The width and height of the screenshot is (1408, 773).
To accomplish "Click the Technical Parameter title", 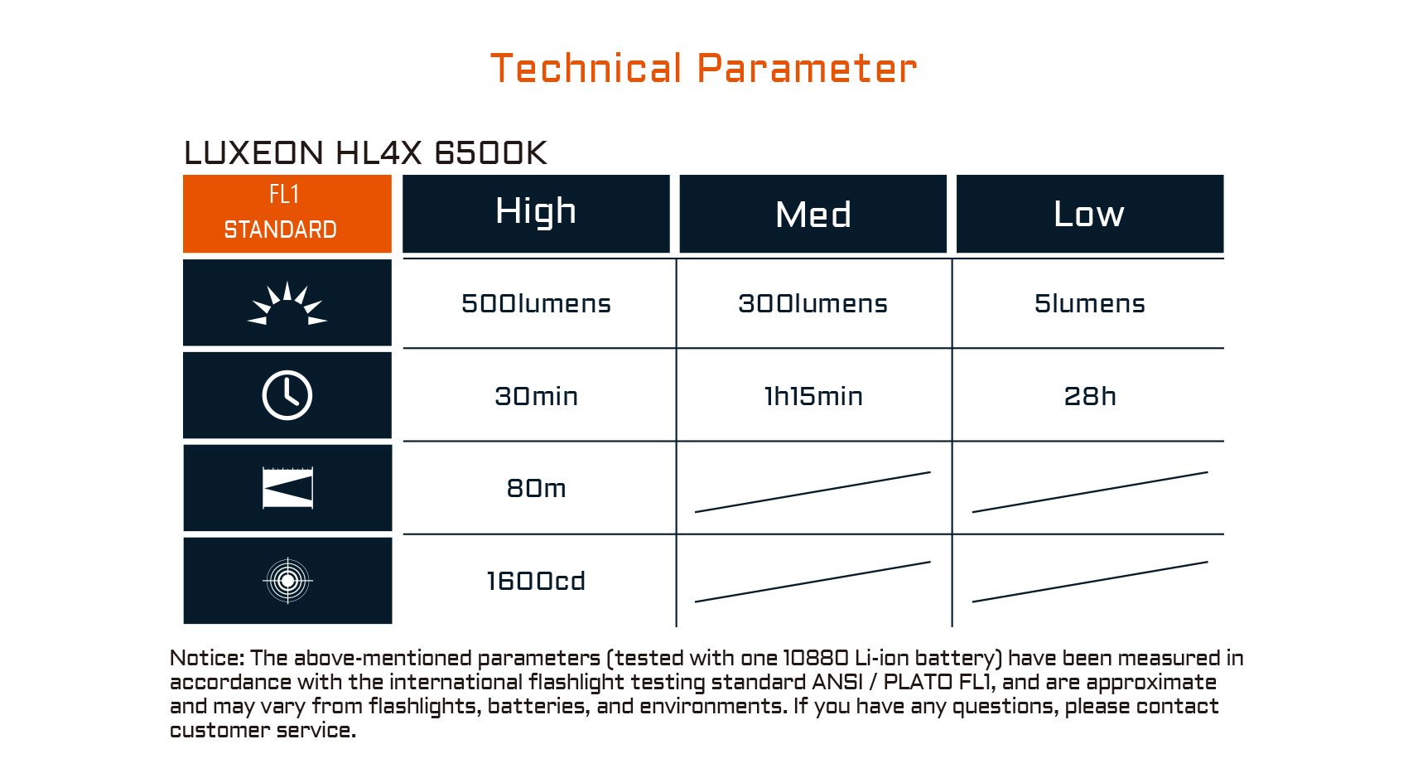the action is tap(703, 68).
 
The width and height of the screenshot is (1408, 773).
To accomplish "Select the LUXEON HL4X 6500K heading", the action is tap(365, 152).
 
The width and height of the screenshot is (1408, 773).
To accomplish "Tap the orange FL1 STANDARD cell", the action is tap(287, 213).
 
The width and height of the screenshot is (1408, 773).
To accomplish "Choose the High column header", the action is tap(536, 213).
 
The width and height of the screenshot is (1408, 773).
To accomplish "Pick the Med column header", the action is tap(812, 213).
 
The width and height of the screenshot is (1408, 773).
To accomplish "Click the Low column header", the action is tap(1090, 213).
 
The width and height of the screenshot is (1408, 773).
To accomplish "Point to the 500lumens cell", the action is tap(536, 304).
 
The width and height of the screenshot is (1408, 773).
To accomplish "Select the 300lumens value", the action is tap(812, 304).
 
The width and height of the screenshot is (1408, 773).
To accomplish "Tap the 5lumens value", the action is tap(1090, 304).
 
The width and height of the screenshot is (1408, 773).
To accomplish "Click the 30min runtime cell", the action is tap(536, 396).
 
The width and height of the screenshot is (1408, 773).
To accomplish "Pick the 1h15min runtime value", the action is tap(813, 396).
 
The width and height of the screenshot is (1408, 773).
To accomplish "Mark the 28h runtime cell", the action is tap(1090, 396).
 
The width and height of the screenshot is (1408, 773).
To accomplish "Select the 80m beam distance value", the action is tap(536, 488).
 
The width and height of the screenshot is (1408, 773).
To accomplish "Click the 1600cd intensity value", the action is tap(536, 581).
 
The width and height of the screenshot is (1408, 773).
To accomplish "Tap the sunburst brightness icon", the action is tap(287, 303).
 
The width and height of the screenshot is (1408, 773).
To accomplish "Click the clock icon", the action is tap(287, 395).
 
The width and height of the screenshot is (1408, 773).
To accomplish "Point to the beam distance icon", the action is tap(287, 487).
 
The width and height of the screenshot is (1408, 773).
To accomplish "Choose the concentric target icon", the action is tap(287, 581).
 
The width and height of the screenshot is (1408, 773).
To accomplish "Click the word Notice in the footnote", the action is tap(207, 658).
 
